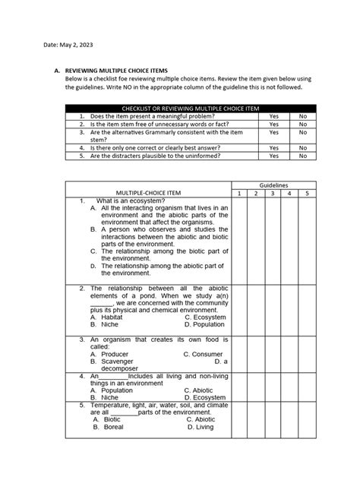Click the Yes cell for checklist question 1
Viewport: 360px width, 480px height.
[273, 116]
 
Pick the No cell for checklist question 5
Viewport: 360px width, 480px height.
[303, 156]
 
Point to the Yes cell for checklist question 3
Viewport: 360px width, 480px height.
[273, 132]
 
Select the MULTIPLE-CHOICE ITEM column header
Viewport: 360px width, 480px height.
[147, 194]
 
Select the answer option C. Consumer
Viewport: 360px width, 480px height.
[203, 355]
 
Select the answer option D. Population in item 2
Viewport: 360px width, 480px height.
[205, 324]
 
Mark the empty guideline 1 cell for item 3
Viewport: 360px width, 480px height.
[238, 353]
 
